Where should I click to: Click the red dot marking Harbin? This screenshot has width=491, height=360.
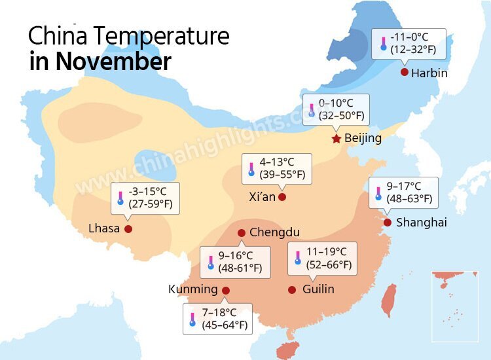[405, 72]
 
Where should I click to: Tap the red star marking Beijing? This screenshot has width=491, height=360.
[336, 139]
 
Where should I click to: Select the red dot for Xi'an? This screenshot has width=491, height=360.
[282, 197]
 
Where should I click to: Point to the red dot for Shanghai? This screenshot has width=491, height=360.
[388, 223]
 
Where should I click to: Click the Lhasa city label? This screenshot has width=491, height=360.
[104, 228]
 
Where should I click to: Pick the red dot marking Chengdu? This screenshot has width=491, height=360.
[242, 233]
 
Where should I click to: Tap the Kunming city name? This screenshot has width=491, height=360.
[192, 289]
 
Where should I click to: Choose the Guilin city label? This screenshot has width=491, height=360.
[319, 289]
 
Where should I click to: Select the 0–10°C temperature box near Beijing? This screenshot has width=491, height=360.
[336, 109]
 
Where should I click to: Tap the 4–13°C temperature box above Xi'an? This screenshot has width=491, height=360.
[276, 168]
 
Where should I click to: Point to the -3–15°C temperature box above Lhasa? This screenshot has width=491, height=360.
[145, 198]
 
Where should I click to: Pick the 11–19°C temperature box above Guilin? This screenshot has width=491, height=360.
[323, 259]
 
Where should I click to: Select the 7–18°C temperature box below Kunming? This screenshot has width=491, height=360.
[218, 318]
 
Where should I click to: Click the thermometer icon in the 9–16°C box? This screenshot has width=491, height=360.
[211, 262]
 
